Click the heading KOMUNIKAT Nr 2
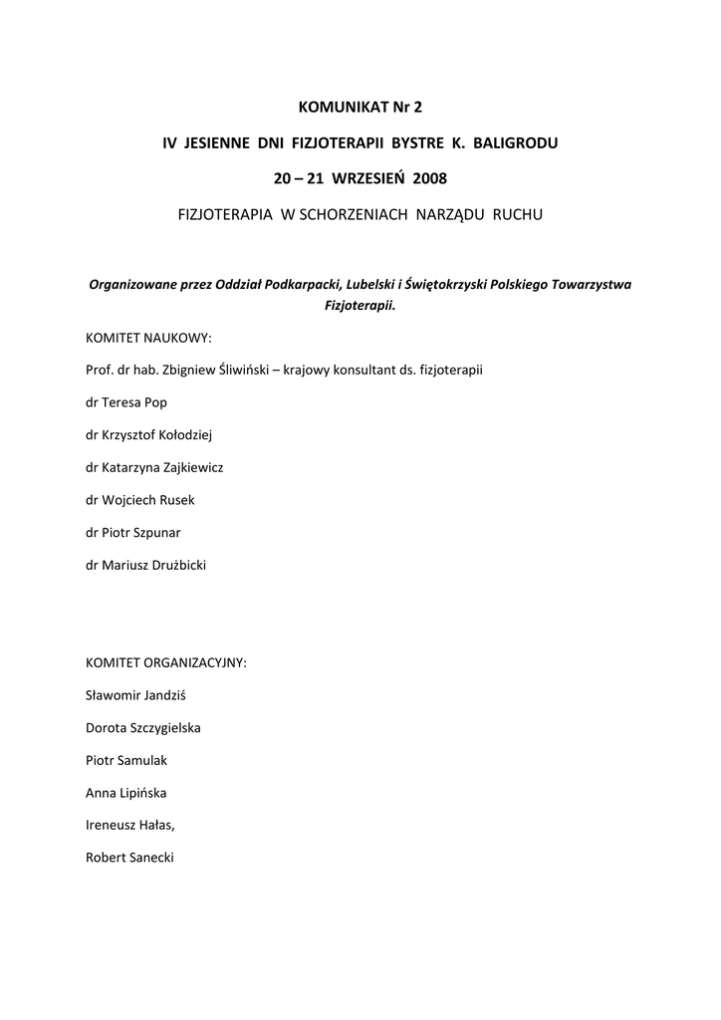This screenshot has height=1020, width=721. point(360,105)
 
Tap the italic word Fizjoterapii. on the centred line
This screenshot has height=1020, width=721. point(360,306)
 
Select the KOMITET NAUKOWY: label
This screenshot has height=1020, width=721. point(149,338)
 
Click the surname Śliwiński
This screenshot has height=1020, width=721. point(234,371)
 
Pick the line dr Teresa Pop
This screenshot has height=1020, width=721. point(126,402)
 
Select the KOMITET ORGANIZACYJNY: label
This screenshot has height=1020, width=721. point(166,662)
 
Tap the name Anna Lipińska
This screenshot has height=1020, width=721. point(126,793)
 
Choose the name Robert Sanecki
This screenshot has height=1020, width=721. point(129,858)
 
